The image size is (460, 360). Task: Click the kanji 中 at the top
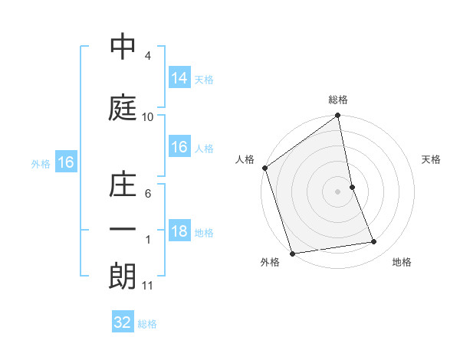click(123, 47)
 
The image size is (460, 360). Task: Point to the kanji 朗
click(123, 277)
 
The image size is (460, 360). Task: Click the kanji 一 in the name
click(123, 230)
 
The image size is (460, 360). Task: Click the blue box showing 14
click(179, 78)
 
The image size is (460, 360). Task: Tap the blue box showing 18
click(179, 231)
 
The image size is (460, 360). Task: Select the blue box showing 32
click(123, 322)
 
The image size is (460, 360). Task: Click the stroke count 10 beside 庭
click(148, 117)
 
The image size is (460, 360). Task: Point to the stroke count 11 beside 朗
click(148, 286)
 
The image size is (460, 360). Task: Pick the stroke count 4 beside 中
click(148, 56)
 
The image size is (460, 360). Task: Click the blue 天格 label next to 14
click(204, 80)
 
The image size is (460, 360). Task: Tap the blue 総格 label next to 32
click(147, 324)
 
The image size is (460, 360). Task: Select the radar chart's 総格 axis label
click(338, 100)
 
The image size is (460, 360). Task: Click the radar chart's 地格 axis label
click(402, 263)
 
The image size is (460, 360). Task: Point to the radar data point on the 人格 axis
click(264, 168)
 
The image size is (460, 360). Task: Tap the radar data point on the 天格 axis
click(352, 187)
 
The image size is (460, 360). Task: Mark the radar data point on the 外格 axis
click(291, 253)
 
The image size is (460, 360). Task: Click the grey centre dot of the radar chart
click(337, 191)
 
